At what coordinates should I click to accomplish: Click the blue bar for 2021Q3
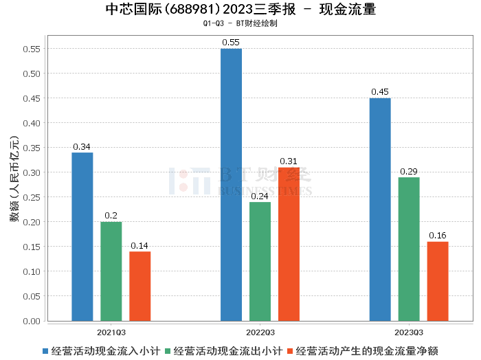[x=82, y=236]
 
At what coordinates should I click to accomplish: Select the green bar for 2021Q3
[x=111, y=271]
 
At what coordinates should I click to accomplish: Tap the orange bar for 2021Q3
[x=140, y=286]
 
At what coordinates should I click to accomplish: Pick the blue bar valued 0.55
[x=231, y=185]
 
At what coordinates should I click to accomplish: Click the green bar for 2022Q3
[x=260, y=261]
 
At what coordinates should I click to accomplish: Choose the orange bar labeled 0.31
[x=289, y=244]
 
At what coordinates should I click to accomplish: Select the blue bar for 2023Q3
[x=380, y=210]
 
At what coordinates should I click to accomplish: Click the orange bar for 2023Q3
[x=438, y=281]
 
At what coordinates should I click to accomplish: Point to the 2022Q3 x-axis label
[x=260, y=332]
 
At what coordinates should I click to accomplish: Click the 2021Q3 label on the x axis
[x=111, y=332]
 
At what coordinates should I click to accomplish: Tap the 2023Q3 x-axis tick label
[x=409, y=332]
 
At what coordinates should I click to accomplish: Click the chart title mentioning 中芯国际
[x=240, y=10]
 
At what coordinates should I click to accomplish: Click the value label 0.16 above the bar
[x=438, y=236]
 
